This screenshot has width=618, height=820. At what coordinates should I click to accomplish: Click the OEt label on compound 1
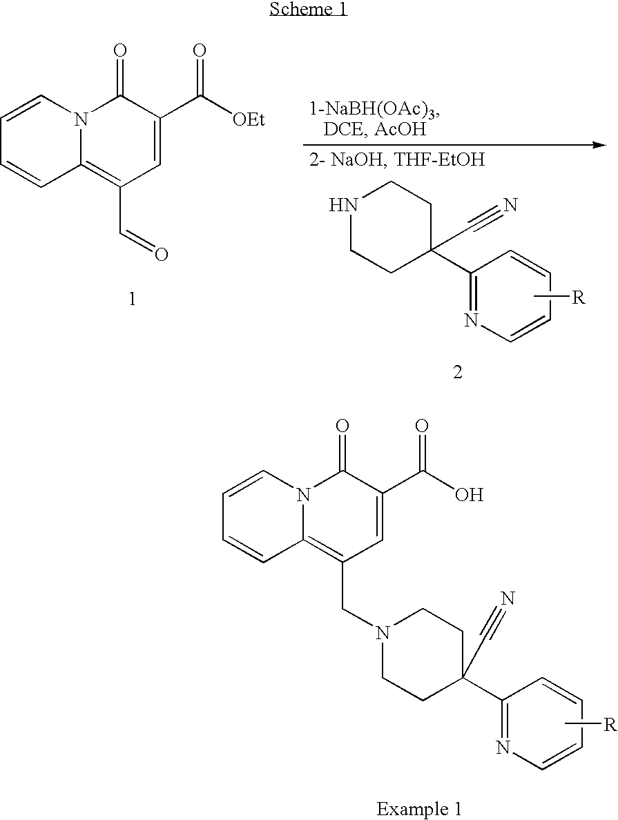(x=247, y=121)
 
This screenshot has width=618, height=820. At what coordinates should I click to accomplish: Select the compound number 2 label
(x=457, y=373)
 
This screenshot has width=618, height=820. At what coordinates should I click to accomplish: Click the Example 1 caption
(x=419, y=808)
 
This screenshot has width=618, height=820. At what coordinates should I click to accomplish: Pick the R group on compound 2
(x=579, y=299)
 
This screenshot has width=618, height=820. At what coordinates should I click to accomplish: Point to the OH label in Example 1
(x=469, y=495)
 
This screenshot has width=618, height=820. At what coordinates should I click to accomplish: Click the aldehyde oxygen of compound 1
(x=162, y=255)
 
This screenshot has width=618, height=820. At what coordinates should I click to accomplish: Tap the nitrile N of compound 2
(x=512, y=205)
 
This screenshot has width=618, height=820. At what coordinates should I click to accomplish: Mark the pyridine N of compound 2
(x=472, y=320)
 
